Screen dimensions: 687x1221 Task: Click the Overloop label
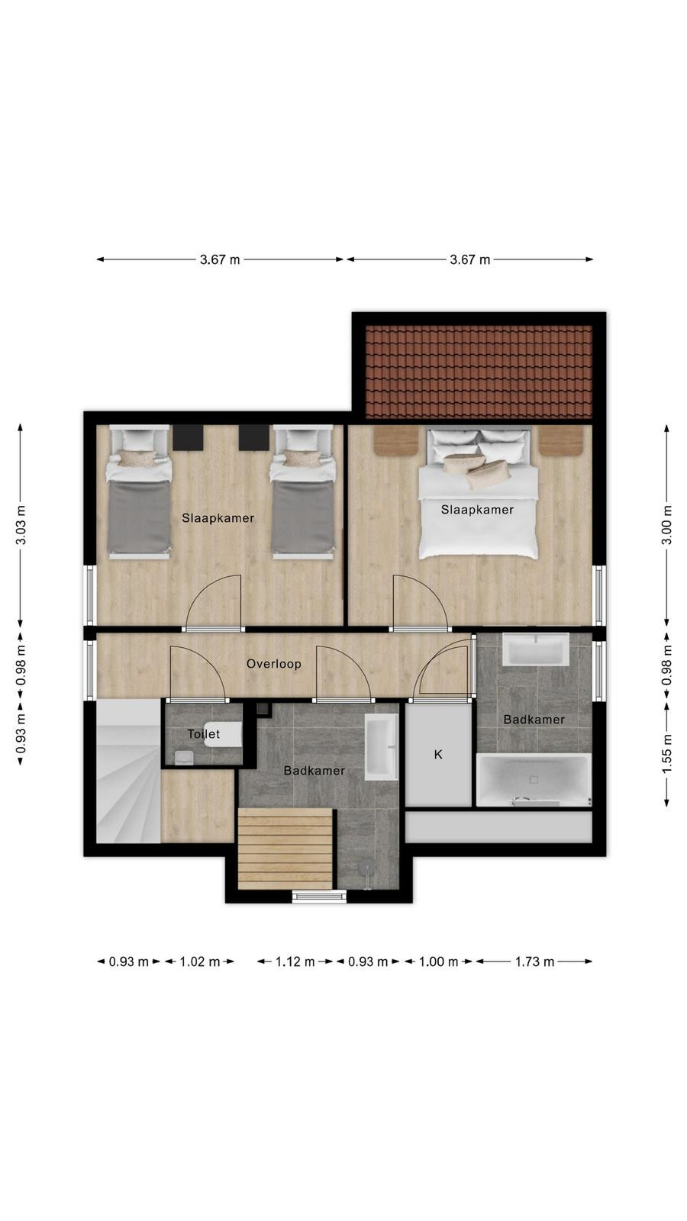pos(274,664)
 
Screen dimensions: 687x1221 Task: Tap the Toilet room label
pos(203,733)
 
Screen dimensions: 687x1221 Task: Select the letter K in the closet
pos(438,755)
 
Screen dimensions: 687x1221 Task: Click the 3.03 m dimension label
pos(21,525)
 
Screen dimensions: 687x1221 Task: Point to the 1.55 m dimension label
pos(666,753)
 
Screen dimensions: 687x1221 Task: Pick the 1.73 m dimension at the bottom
pos(534,962)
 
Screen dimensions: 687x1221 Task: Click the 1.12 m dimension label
pos(295,962)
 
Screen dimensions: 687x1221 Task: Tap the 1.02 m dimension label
pos(199,962)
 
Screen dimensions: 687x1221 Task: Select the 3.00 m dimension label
pos(666,525)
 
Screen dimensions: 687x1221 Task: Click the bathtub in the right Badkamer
pos(534,780)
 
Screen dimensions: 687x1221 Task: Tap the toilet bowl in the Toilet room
pos(223,735)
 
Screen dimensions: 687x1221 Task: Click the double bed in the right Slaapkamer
pos(478,493)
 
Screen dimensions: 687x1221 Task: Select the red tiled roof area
pos(479,372)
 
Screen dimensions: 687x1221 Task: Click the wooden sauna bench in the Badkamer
pos(285,849)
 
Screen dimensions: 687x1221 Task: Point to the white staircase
pos(129,771)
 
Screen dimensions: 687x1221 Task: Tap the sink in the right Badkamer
pos(535,649)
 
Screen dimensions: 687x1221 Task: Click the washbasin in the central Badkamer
pos(381,747)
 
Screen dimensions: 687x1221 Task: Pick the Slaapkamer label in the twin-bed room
pos(218,518)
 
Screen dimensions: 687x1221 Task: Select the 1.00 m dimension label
pos(438,962)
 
